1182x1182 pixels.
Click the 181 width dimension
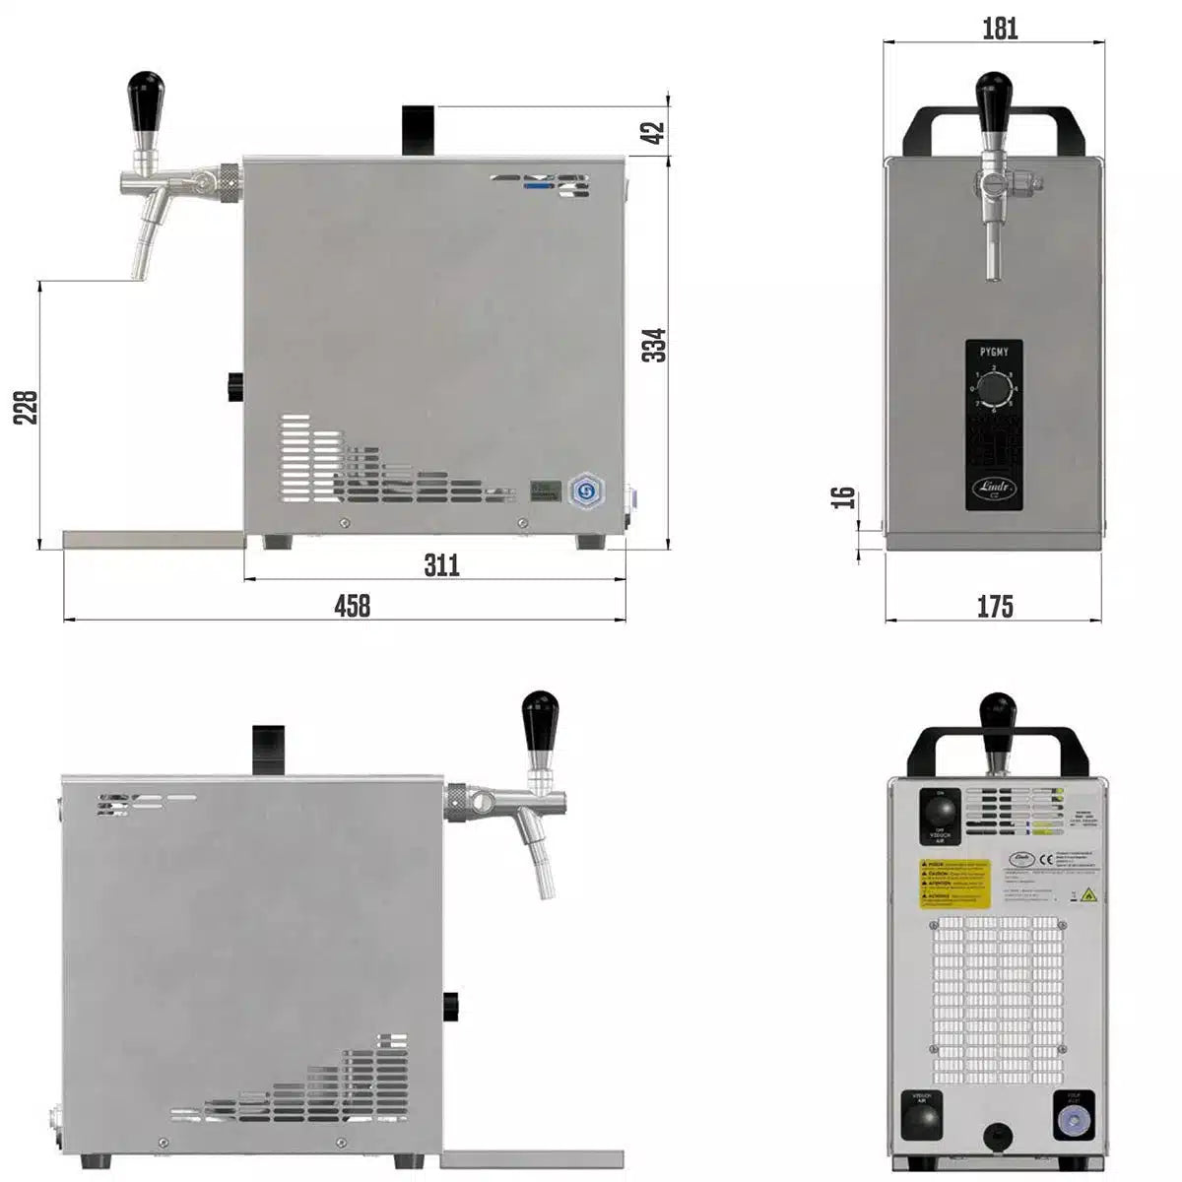tap(1000, 30)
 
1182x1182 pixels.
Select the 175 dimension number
tap(995, 606)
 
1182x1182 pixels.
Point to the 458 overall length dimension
tap(352, 605)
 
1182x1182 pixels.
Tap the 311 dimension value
tap(441, 564)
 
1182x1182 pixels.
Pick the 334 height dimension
tap(655, 345)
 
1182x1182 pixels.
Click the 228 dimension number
tap(27, 407)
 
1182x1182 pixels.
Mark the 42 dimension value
tap(655, 132)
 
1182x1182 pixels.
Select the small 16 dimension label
tap(843, 496)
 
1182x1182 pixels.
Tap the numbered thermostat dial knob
tap(995, 388)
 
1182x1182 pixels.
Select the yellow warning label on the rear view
tap(954, 884)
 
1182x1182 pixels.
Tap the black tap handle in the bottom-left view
tap(540, 718)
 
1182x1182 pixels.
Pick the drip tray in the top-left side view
tap(153, 540)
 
